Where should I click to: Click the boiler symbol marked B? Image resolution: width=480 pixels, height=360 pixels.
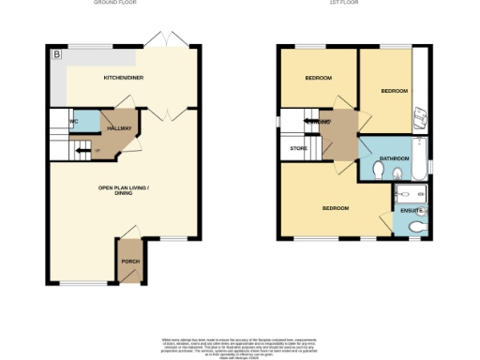[57, 55]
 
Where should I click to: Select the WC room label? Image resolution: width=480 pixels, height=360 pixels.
[72, 122]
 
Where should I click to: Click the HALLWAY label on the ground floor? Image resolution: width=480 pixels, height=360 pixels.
[121, 127]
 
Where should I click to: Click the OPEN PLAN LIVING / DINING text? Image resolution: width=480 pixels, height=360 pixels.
[125, 190]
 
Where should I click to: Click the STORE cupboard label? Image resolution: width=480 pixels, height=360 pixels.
[298, 147]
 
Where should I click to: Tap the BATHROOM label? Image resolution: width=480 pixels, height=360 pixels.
[395, 157]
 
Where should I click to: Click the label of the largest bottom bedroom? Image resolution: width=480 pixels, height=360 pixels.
[336, 207]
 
